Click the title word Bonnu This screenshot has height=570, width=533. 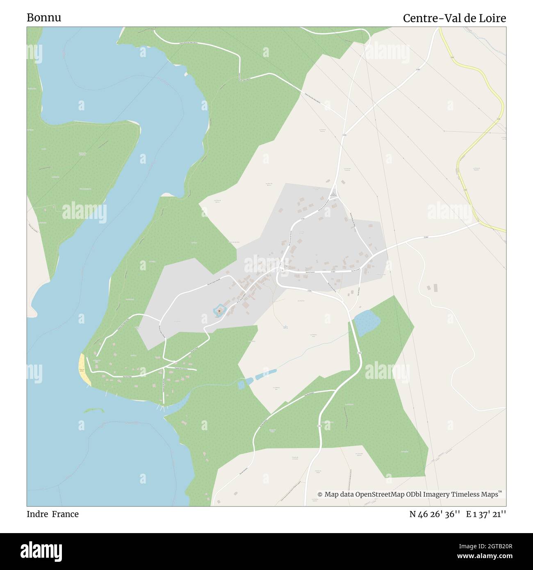(x=44, y=18)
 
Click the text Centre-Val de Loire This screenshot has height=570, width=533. (x=454, y=18)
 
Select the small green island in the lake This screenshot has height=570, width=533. (x=93, y=410)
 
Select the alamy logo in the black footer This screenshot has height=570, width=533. (x=41, y=551)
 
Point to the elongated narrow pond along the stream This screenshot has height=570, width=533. (x=266, y=374)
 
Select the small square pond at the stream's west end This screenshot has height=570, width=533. (x=242, y=384)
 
